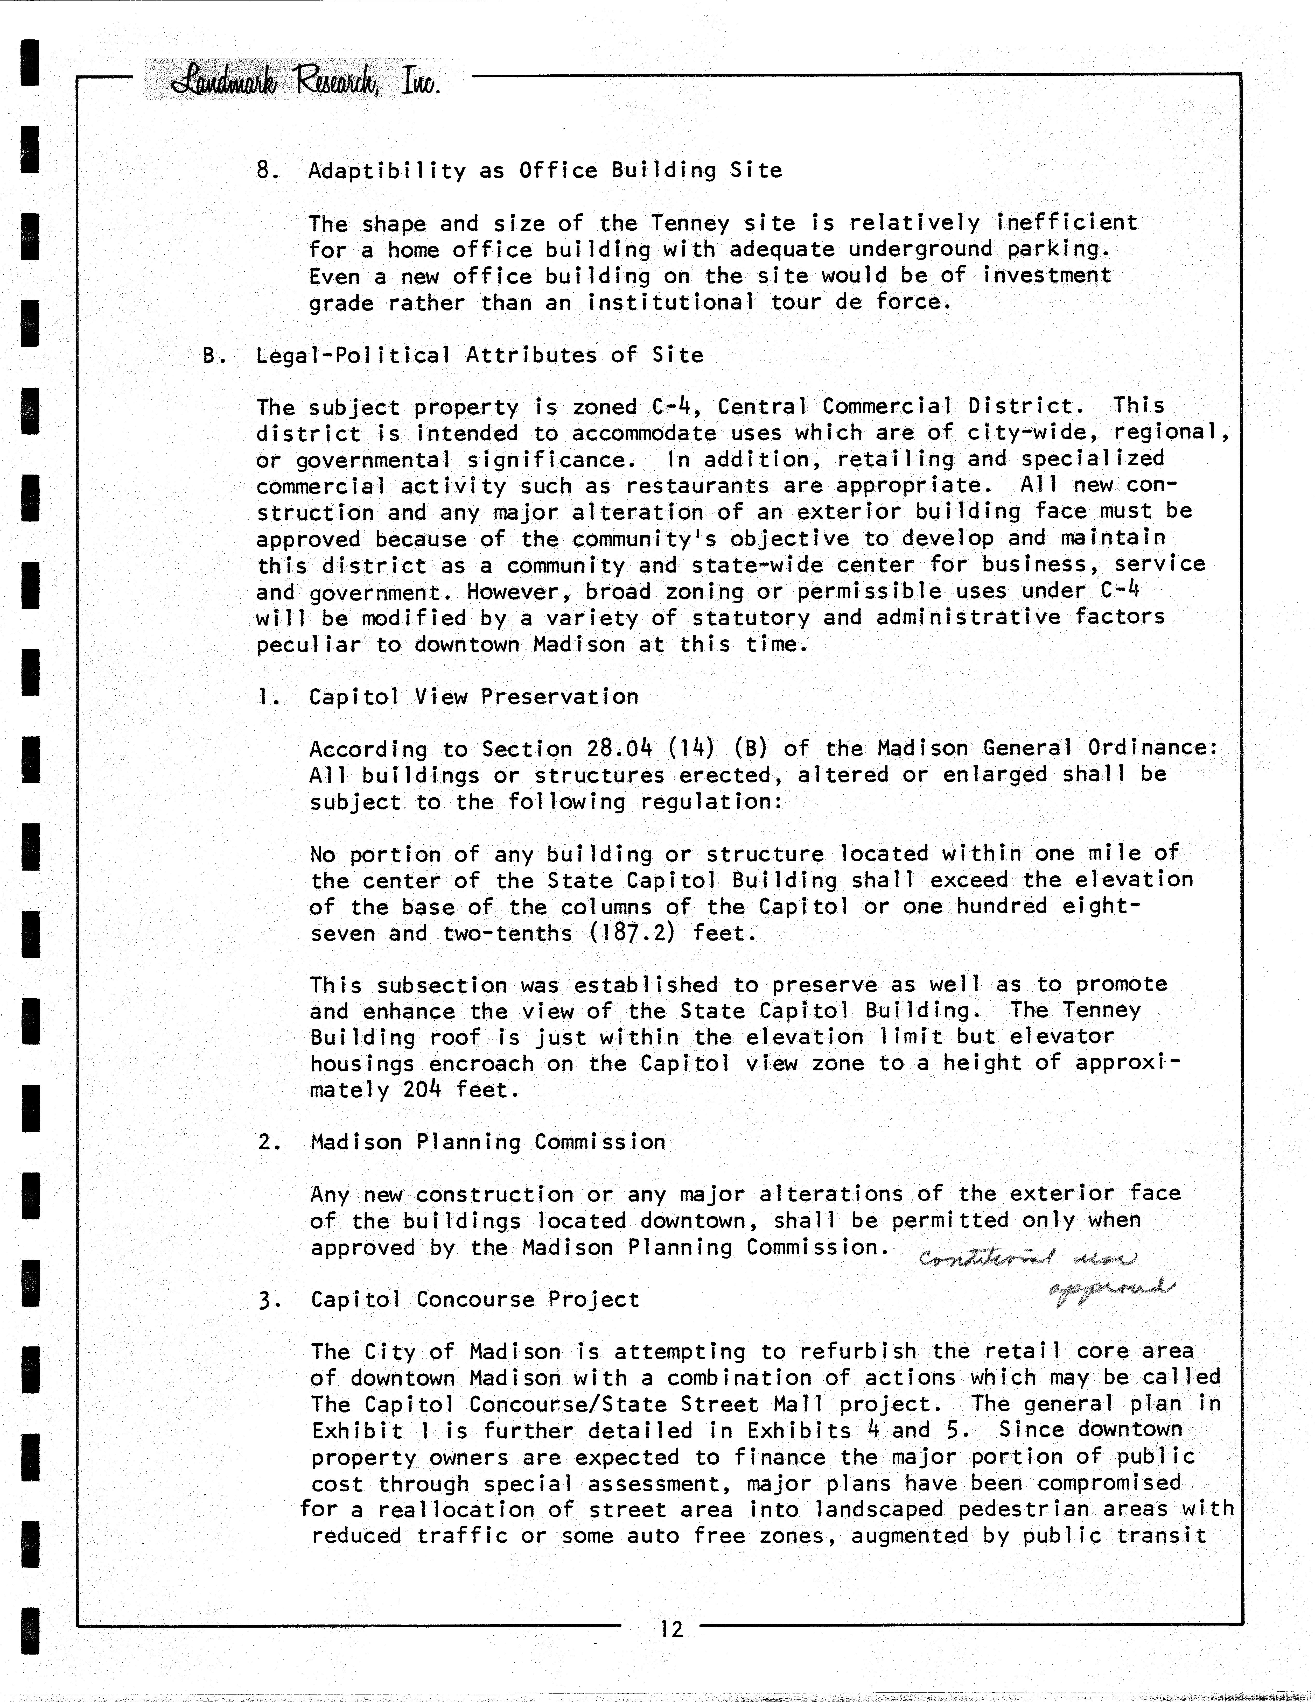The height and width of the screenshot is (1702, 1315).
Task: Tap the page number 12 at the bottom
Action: tap(670, 1629)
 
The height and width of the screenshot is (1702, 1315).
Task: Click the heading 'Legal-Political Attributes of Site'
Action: tap(479, 355)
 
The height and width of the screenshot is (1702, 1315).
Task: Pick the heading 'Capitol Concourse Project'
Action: tap(475, 1299)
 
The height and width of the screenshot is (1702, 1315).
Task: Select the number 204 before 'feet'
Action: tap(422, 1090)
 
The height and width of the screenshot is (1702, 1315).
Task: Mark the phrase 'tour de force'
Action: tap(861, 302)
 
